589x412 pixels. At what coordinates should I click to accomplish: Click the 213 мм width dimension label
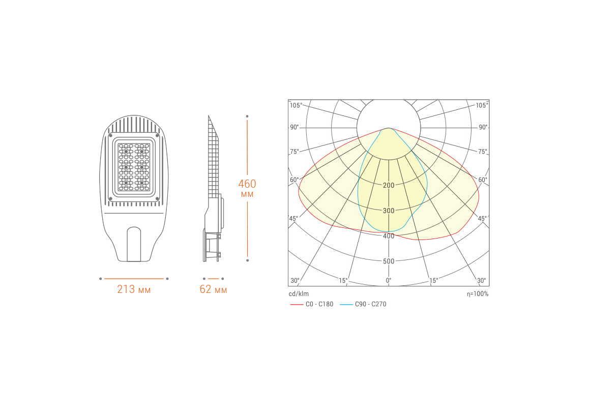click(134, 289)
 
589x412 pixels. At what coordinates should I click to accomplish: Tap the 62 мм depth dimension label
click(213, 289)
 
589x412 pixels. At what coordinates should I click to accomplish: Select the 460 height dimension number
click(247, 184)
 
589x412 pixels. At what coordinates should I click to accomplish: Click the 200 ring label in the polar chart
click(389, 185)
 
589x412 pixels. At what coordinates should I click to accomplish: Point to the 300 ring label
click(389, 211)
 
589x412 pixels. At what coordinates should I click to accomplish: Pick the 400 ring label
click(389, 236)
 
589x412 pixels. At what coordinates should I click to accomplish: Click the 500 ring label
click(389, 261)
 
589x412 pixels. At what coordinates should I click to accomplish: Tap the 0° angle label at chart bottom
click(389, 280)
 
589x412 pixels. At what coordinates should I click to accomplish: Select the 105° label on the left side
click(296, 105)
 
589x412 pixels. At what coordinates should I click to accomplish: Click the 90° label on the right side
click(483, 127)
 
